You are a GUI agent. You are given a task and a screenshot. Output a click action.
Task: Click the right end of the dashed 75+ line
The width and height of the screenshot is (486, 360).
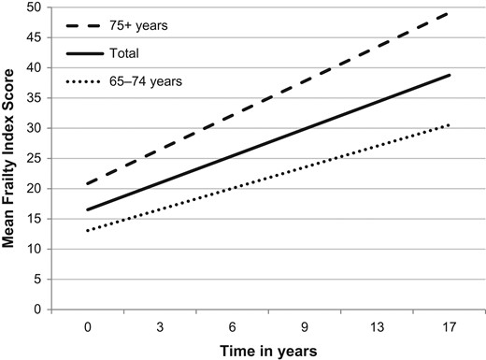450,14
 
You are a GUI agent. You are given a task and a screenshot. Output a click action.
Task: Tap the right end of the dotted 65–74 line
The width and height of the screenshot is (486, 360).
450,125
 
